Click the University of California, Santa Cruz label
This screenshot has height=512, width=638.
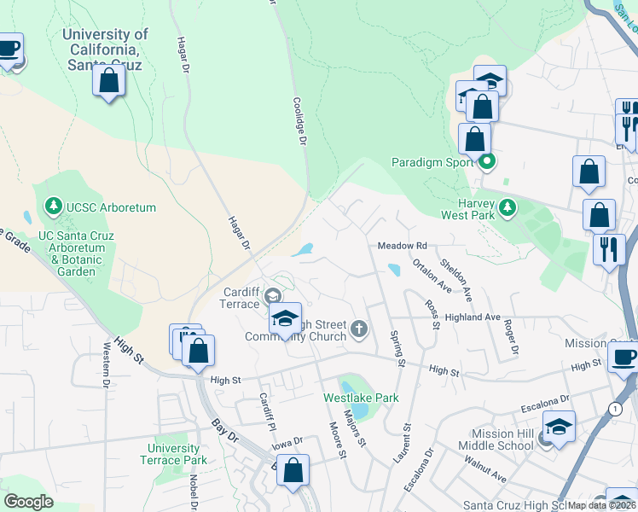[x=105, y=49]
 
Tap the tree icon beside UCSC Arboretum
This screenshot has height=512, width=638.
[x=54, y=206]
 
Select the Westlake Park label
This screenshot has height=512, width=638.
[x=361, y=398]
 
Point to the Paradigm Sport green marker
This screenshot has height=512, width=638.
[x=487, y=161]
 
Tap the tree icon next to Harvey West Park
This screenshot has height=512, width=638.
[x=507, y=207]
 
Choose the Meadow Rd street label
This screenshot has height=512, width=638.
[x=402, y=246]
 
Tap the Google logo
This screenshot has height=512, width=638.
[x=28, y=502]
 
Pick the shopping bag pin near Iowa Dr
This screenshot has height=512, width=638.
[x=293, y=470]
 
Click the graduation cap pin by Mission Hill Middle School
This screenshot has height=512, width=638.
[x=559, y=427]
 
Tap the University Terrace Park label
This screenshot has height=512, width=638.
[x=176, y=454]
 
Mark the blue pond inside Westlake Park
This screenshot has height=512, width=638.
[x=359, y=411]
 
